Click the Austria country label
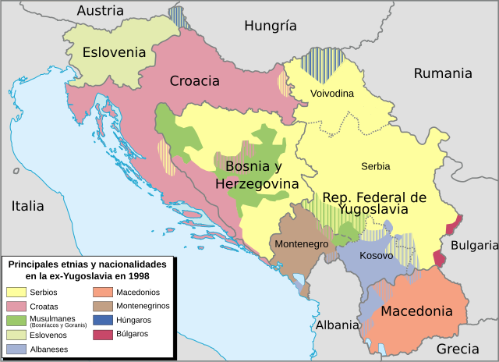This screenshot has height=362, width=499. pyautogui.click(x=100, y=11)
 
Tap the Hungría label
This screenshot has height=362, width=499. pyautogui.click(x=271, y=26)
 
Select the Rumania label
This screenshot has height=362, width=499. pyautogui.click(x=443, y=73)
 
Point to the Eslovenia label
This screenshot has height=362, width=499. pyautogui.click(x=114, y=53)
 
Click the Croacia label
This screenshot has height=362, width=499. pyautogui.click(x=195, y=80)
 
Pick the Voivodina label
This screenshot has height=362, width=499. pyautogui.click(x=332, y=94)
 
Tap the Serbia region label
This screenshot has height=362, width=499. pyautogui.click(x=376, y=166)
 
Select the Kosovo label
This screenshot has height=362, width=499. pyautogui.click(x=377, y=256)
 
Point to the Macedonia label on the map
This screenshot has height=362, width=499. pyautogui.click(x=416, y=311)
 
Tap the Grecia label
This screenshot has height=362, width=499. pyautogui.click(x=458, y=349)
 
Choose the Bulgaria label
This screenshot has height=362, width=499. pyautogui.click(x=473, y=245)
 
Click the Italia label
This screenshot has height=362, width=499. pyautogui.click(x=27, y=207)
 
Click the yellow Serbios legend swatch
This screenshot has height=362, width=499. pyautogui.click(x=16, y=292)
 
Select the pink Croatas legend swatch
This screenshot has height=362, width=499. pyautogui.click(x=16, y=306)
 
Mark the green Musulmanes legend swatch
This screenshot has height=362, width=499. pyautogui.click(x=16, y=321)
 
